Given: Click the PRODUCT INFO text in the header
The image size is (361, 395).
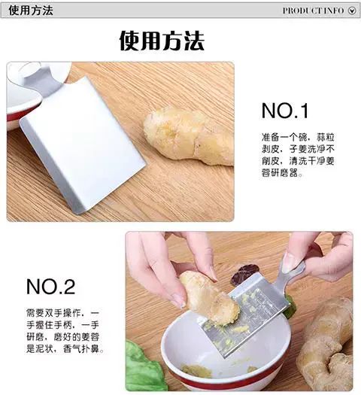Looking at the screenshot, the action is click(x=313, y=11).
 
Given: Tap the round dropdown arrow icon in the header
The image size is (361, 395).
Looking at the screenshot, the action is click(x=352, y=11).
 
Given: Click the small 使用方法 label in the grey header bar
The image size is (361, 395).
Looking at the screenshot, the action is click(x=31, y=11).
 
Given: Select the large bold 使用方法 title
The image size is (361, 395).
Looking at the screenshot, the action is click(x=162, y=41).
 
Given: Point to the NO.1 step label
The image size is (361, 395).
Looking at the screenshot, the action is click(x=285, y=111).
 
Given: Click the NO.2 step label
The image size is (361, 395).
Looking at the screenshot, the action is click(x=50, y=287).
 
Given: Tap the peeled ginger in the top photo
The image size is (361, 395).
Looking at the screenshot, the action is click(x=189, y=136).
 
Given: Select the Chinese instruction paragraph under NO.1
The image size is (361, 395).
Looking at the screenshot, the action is click(x=298, y=155).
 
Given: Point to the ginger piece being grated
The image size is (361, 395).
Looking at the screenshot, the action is click(x=209, y=299).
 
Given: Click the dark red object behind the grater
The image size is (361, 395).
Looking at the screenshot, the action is click(x=244, y=274).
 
